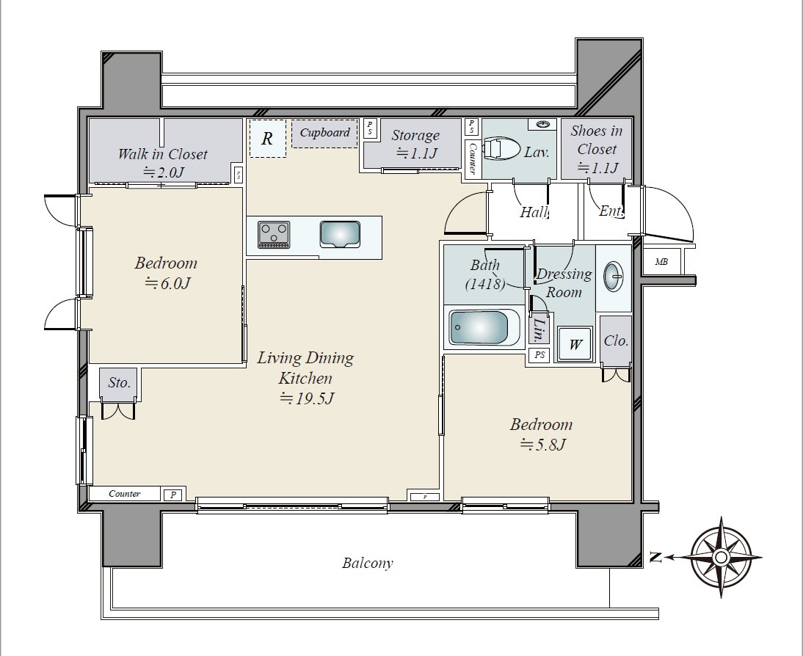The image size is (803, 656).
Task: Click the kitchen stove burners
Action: (x=274, y=235)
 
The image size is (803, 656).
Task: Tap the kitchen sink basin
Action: (x=340, y=235)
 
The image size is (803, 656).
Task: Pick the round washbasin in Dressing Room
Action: (x=613, y=277)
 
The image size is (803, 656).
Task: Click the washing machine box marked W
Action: (x=575, y=344)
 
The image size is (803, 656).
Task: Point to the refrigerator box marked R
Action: (x=267, y=138)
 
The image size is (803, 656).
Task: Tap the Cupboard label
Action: (x=324, y=133)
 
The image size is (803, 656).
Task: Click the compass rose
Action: (x=721, y=557)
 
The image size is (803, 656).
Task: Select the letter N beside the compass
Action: (x=655, y=557)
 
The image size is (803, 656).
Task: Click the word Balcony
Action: (x=367, y=564)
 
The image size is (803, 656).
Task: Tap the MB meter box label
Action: (x=661, y=262)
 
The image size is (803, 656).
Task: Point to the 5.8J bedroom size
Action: (x=542, y=445)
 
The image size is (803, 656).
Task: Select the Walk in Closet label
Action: (x=162, y=154)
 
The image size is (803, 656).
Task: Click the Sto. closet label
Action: (x=119, y=382)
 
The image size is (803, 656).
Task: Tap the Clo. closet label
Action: (x=616, y=340)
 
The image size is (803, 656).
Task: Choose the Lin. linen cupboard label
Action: (x=539, y=330)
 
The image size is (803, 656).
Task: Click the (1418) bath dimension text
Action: (x=485, y=283)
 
